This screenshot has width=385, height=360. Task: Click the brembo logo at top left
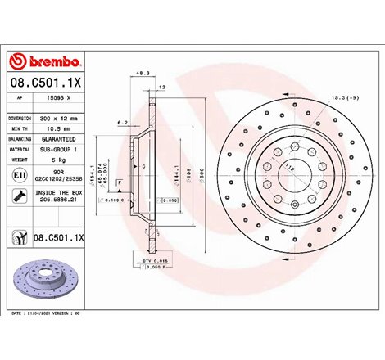(43, 62)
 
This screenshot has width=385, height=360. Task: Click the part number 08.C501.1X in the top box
(43, 83)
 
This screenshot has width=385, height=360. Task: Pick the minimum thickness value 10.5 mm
(53, 128)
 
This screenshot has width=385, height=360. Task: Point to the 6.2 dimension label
(122, 122)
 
